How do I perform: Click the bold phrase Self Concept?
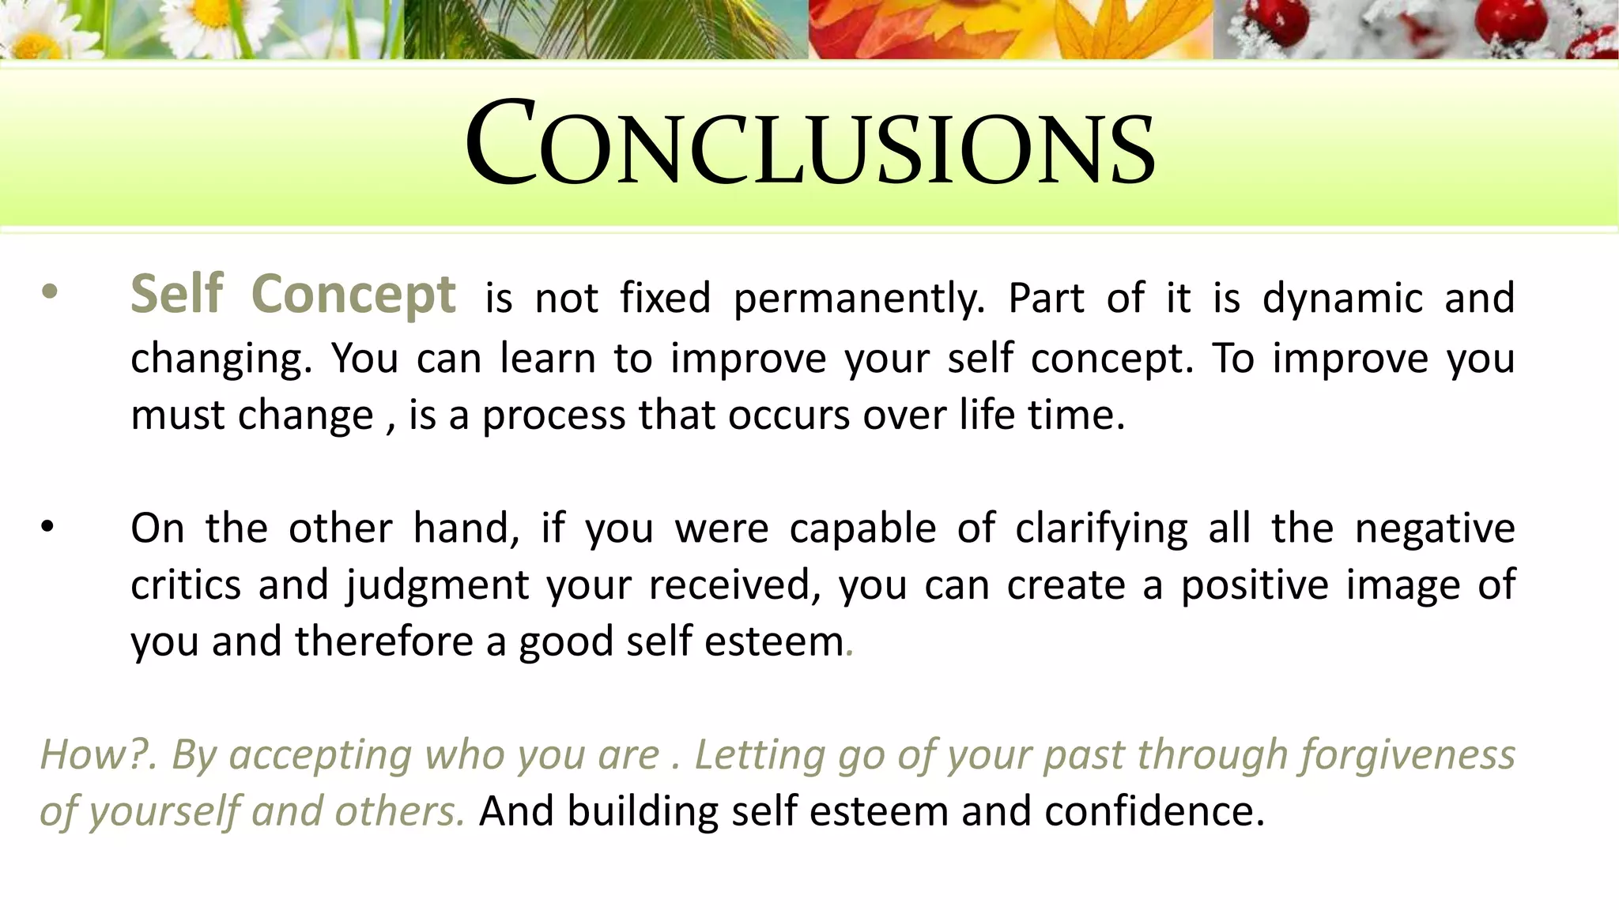pos(292,295)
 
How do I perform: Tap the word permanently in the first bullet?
pos(859,299)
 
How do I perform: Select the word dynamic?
pos(1342,299)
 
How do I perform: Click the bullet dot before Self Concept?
pos(49,293)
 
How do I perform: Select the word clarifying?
pos(1100,529)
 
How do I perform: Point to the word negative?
pos(1434,529)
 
